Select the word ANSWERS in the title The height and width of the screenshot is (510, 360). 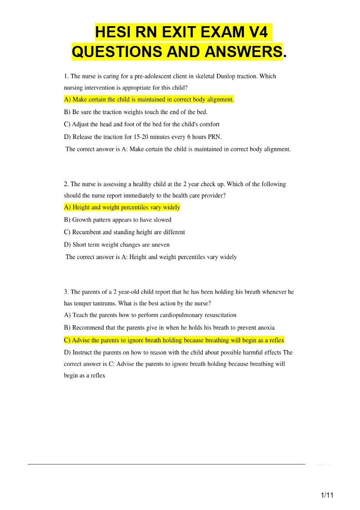click(x=243, y=51)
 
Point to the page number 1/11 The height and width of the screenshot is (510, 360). click(x=327, y=495)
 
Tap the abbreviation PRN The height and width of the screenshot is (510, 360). click(x=214, y=137)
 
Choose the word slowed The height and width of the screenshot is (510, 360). click(x=161, y=220)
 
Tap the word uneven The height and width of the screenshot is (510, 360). click(x=160, y=244)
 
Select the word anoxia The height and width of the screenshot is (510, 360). click(x=265, y=327)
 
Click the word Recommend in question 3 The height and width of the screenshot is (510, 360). click(x=88, y=327)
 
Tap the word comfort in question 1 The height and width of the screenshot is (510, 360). click(x=208, y=124)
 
